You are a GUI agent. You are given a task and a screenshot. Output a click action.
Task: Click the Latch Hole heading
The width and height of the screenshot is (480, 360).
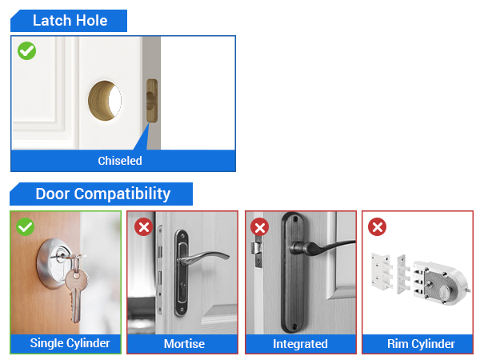70,21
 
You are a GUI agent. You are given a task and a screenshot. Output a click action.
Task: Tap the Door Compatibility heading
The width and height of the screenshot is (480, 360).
102,194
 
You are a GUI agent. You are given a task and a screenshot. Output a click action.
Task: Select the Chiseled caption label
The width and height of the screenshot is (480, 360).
120,161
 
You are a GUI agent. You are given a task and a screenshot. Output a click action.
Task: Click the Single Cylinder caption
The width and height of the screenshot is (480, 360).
65,343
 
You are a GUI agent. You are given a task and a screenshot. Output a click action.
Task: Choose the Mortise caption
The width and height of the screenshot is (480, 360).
184,344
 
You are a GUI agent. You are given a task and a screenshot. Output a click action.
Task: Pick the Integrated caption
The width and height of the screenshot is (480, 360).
300,344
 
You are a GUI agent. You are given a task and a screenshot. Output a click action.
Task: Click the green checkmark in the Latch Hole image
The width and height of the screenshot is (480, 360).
27,51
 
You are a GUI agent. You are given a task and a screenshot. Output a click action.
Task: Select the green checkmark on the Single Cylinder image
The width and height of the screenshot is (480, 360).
26,226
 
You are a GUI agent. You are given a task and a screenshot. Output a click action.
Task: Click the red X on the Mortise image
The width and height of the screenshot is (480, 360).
144,227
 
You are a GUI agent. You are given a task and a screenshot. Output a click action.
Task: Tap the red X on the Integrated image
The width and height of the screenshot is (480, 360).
260,227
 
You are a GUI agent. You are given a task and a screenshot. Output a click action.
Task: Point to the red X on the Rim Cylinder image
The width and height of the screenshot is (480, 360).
377,227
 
